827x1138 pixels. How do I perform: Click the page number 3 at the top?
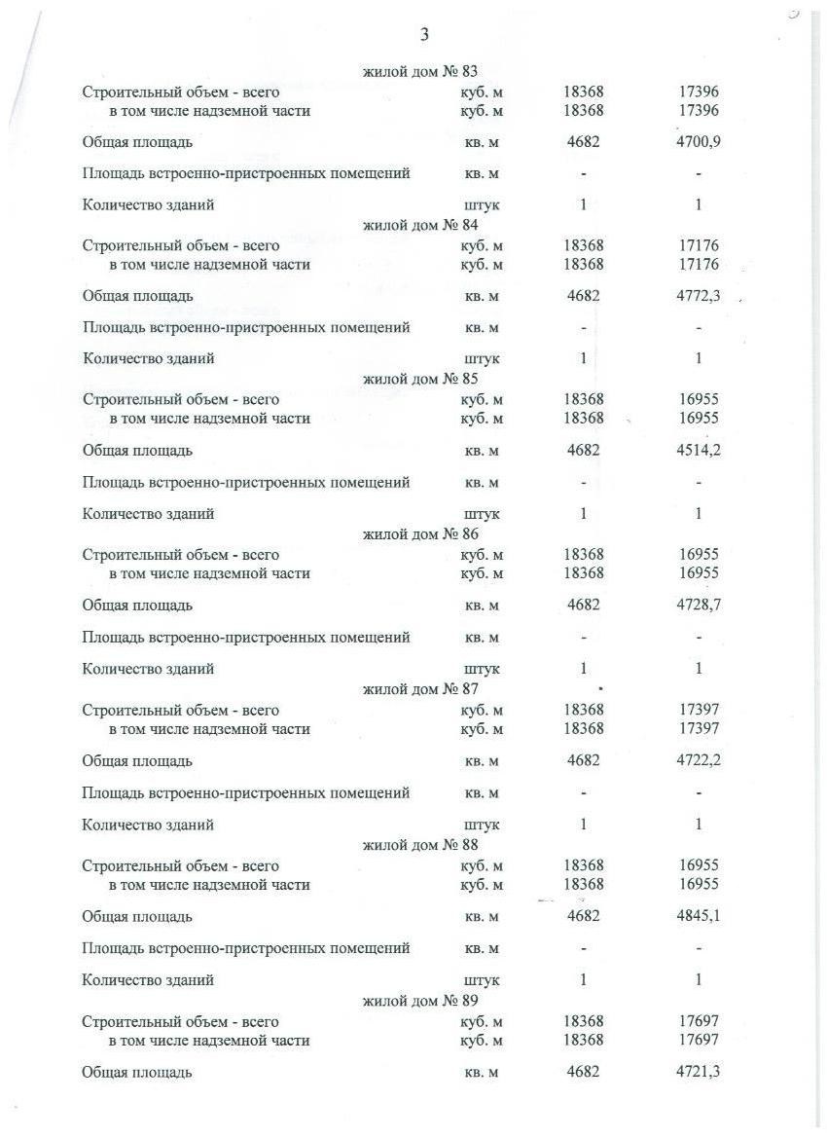pos(424,35)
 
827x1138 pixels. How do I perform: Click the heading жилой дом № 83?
pos(420,71)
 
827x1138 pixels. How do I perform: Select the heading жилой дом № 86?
pos(420,533)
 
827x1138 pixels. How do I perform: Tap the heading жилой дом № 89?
pos(420,1000)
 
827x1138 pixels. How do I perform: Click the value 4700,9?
pos(699,142)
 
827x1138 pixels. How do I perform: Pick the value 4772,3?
pos(699,296)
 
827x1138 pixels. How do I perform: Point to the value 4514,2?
pos(699,451)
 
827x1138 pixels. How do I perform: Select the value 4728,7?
pos(699,606)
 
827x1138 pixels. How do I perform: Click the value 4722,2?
pos(699,761)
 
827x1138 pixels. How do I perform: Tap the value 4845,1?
pos(699,916)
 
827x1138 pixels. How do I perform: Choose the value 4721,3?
pos(699,1072)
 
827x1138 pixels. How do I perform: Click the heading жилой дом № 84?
pos(420,225)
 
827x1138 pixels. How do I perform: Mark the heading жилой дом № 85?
pos(420,379)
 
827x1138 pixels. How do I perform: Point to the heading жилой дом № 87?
pos(420,689)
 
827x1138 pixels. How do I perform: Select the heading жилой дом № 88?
pos(420,844)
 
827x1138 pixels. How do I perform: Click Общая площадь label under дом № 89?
pos(137,1072)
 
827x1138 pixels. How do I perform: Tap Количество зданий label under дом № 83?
pos(149,205)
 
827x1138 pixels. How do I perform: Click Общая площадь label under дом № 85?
pos(137,451)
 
